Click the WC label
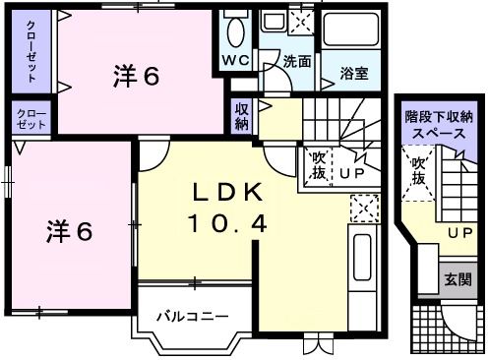[x=235, y=61]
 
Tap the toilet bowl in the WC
[x=235, y=31]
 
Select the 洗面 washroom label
[x=297, y=61]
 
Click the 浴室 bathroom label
[x=353, y=72]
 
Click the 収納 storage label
[x=242, y=117]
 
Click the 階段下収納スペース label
[x=439, y=124]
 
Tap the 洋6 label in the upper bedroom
[x=137, y=77]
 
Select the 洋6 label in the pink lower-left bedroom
[x=70, y=233]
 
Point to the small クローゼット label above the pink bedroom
[x=31, y=120]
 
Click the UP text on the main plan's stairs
[x=352, y=175]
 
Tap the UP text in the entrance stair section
[x=458, y=233]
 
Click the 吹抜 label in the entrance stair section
[x=419, y=170]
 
